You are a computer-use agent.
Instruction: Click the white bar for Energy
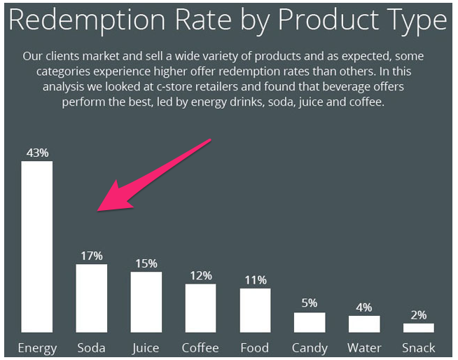pyautogui.click(x=36, y=247)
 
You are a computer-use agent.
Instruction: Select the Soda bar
pyautogui.click(x=91, y=298)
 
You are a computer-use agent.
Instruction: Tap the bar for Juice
pyautogui.click(x=146, y=301)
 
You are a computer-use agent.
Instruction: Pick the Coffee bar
pyautogui.click(x=200, y=307)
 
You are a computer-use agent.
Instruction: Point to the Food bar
pyautogui.click(x=255, y=310)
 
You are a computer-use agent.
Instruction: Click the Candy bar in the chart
pyautogui.click(x=310, y=322)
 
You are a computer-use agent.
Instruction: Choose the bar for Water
pyautogui.click(x=364, y=324)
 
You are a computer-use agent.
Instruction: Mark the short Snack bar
pyautogui.click(x=419, y=328)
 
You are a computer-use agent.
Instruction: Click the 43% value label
pyautogui.click(x=37, y=153)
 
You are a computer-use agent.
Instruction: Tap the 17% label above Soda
pyautogui.click(x=92, y=256)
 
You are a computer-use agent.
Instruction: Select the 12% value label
pyautogui.click(x=201, y=275)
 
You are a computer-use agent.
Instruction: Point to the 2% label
pyautogui.click(x=419, y=314)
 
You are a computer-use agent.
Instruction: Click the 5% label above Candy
pyautogui.click(x=310, y=303)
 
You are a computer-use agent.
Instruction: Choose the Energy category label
pyautogui.click(x=37, y=348)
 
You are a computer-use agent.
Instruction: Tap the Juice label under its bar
pyautogui.click(x=146, y=347)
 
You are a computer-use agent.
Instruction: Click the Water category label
pyautogui.click(x=364, y=347)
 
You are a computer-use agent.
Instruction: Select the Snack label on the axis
pyautogui.click(x=419, y=347)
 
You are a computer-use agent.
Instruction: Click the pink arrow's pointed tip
pyautogui.click(x=99, y=209)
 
